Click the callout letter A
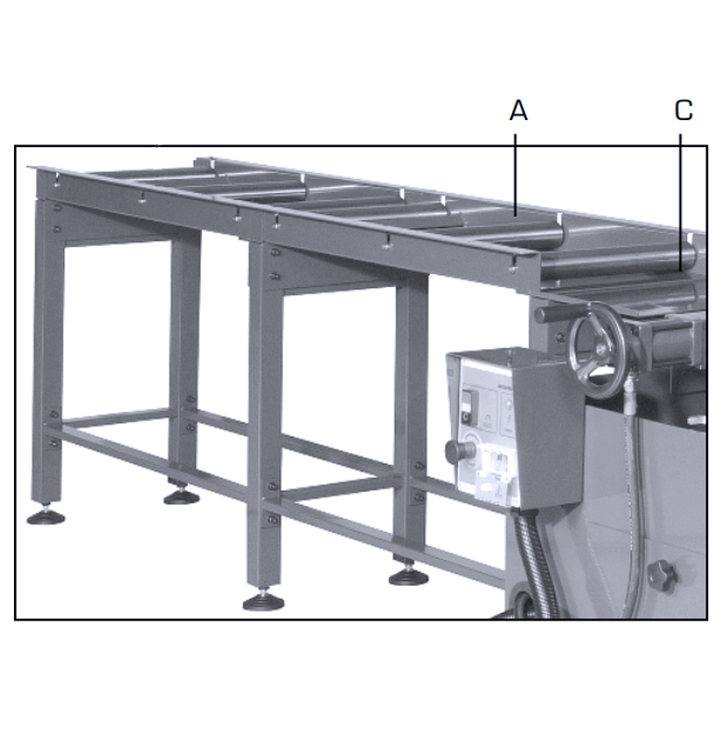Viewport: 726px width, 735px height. pos(518,111)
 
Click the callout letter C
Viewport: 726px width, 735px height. pos(683,111)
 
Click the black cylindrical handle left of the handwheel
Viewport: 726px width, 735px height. pos(555,315)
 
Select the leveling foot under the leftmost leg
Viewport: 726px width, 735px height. pos(45,515)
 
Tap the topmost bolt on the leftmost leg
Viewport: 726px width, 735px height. pos(56,207)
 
